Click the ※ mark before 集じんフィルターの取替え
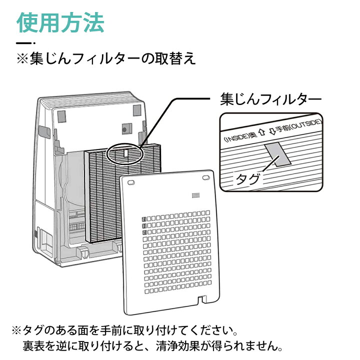point(24,59)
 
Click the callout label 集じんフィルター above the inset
point(270,99)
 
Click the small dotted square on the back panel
point(196,195)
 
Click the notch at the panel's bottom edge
point(202,300)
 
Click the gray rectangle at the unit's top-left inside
point(60,116)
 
